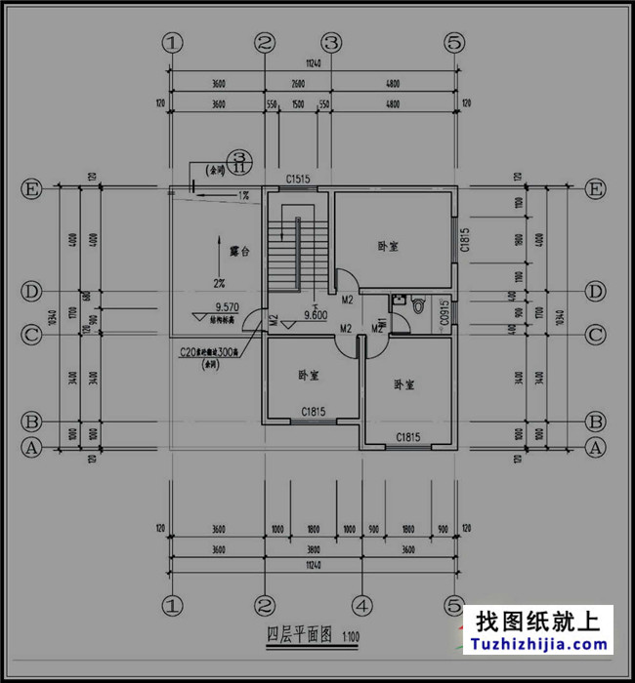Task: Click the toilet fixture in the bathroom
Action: [420, 305]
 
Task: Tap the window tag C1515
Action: [298, 179]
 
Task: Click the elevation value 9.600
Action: [315, 315]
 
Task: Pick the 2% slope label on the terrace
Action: [219, 283]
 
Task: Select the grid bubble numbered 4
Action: [360, 605]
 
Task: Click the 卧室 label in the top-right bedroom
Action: [388, 246]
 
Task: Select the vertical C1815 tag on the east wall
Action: [466, 241]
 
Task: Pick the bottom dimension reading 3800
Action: [311, 549]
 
